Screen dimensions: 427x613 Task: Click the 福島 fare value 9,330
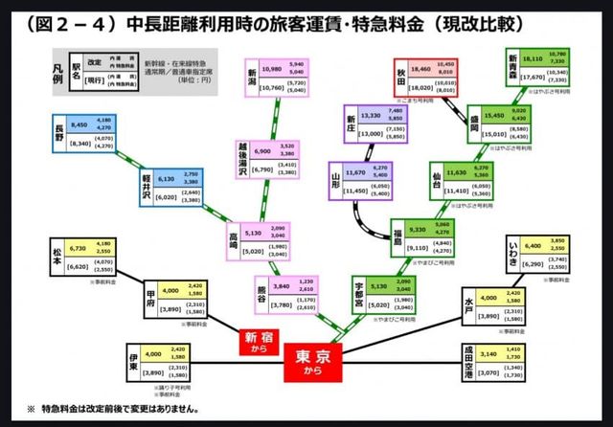[x=422, y=230]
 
